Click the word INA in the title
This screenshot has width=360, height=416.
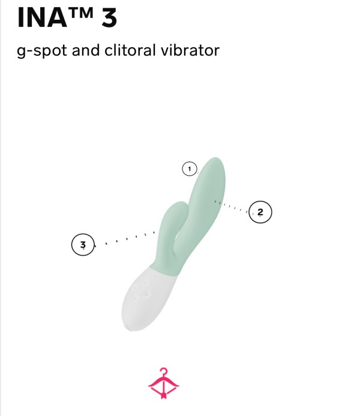click(x=42, y=18)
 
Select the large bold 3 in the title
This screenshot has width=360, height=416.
click(x=109, y=18)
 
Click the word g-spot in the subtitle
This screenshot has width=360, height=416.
click(x=41, y=51)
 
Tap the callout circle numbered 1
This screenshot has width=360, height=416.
click(x=190, y=168)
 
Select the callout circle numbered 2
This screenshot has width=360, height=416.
click(x=260, y=212)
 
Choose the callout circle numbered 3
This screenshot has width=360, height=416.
click(x=83, y=245)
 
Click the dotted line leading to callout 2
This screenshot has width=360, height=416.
click(x=232, y=206)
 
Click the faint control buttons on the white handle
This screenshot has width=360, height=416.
click(x=142, y=291)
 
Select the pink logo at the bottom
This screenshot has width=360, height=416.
click(x=164, y=383)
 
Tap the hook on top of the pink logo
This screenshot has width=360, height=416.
click(x=164, y=371)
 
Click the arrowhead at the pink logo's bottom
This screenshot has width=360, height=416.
click(x=164, y=396)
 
